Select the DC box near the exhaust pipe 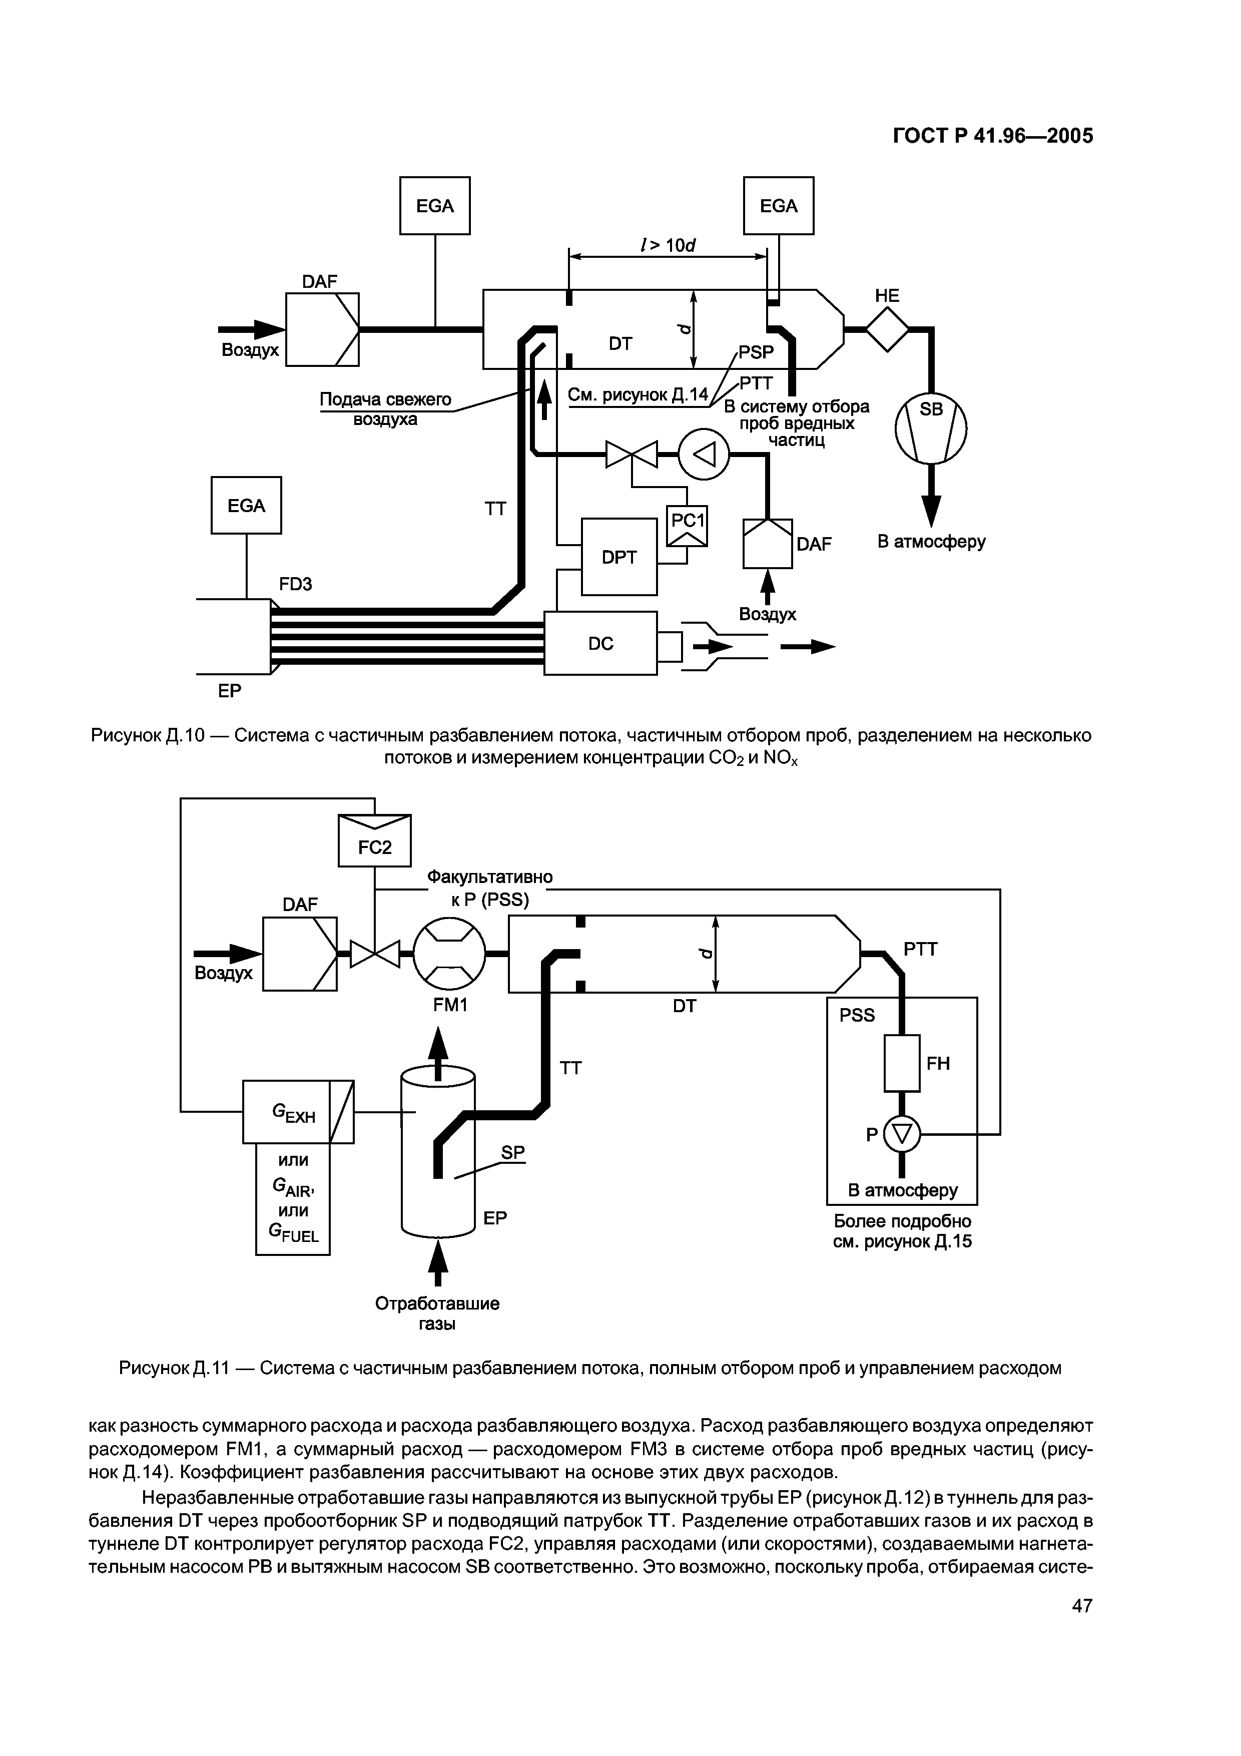(x=600, y=643)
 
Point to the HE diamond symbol (x=887, y=330)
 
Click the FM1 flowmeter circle (x=449, y=953)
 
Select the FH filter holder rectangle (x=902, y=1063)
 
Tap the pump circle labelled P (x=902, y=1135)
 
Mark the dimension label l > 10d (x=669, y=245)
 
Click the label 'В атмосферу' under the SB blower (x=931, y=542)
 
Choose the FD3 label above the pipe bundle (x=295, y=584)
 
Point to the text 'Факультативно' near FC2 (x=489, y=876)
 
